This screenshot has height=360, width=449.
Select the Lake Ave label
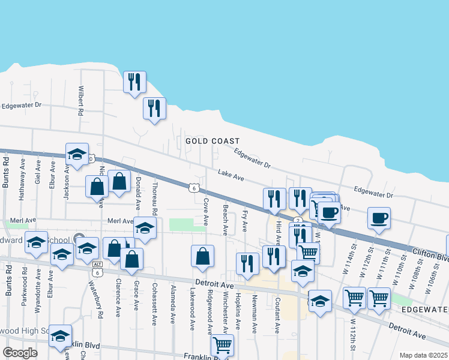click(x=231, y=175)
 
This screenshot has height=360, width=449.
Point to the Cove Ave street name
click(x=206, y=212)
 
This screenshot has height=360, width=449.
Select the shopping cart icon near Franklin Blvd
click(x=222, y=345)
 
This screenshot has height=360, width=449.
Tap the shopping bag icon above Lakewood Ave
click(x=203, y=256)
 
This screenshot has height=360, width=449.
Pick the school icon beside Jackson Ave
click(x=77, y=154)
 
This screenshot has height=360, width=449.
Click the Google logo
click(x=20, y=353)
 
